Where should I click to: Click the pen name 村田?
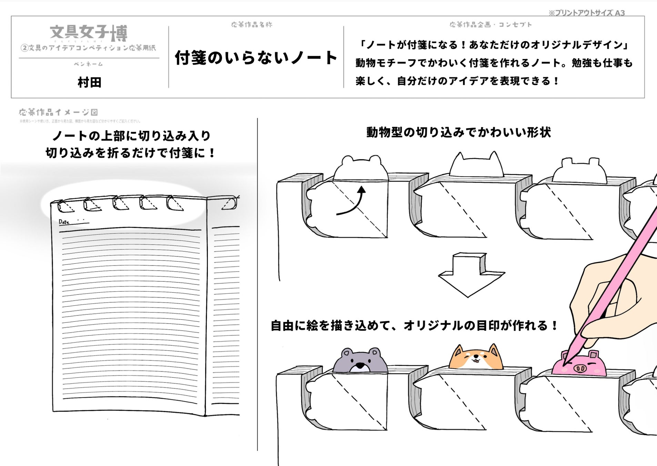point(89,82)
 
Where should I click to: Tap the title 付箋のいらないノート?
point(256,58)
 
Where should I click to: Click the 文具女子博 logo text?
point(89,33)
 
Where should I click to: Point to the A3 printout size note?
point(587,13)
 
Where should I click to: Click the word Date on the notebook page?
point(64,222)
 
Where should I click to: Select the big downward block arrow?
point(471,274)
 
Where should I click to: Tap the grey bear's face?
point(360,361)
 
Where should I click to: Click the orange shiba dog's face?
point(476,358)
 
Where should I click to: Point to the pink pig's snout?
point(580,369)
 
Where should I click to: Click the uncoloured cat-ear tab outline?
point(476,165)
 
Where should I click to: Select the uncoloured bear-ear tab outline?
point(361,168)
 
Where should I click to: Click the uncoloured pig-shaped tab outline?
point(580,171)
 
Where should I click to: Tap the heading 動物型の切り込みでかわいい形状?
point(458,132)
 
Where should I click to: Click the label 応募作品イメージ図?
point(58,112)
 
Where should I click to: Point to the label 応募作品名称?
point(252,25)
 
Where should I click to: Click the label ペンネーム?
point(89,64)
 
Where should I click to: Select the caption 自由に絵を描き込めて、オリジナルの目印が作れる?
point(414,326)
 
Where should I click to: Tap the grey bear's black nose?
point(360,365)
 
